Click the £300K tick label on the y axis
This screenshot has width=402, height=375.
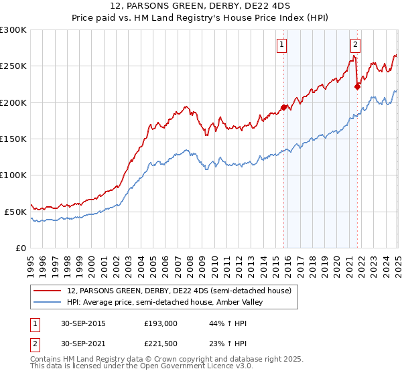[x=13, y=30]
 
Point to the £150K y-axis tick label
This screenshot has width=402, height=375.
[x=13, y=139]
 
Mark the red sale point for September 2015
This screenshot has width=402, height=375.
[x=284, y=107]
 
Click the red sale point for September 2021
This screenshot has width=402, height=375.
[x=357, y=86]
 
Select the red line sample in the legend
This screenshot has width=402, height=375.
[x=47, y=291]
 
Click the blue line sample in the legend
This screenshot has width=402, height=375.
[x=47, y=303]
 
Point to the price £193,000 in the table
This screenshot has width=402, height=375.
[x=160, y=323]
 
